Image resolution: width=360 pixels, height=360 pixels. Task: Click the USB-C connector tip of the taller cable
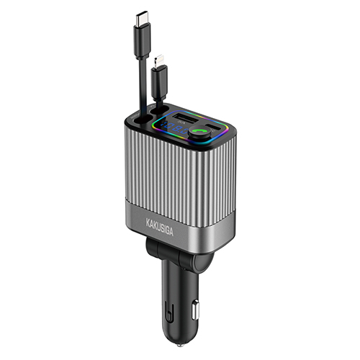[143, 19]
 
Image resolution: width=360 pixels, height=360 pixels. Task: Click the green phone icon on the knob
[199, 130]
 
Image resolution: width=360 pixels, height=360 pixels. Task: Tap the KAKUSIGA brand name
[159, 226]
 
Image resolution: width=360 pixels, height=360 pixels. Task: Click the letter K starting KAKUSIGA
[148, 222]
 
